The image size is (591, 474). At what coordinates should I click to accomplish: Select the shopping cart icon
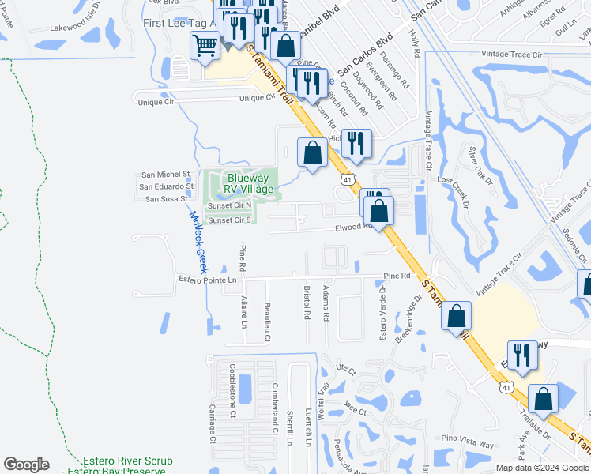(205, 48)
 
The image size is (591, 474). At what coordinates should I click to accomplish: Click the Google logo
(26, 465)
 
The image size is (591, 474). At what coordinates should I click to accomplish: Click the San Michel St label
(165, 175)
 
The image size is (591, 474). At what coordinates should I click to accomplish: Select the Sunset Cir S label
(229, 220)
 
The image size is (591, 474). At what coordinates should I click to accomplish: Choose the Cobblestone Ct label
(233, 401)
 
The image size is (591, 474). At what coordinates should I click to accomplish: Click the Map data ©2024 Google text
(542, 468)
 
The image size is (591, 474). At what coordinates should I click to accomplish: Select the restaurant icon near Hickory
(356, 143)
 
